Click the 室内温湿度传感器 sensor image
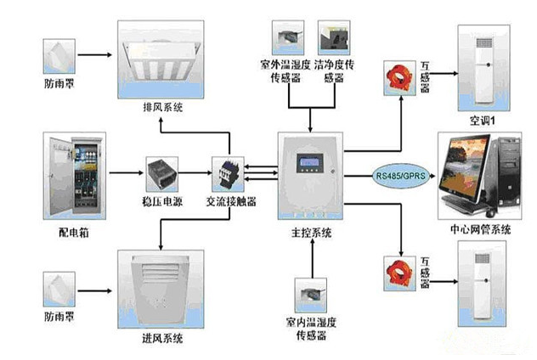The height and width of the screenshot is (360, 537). (x=314, y=294)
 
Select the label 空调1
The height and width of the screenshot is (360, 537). (x=482, y=120)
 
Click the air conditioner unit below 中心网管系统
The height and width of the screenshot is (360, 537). (x=482, y=293)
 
